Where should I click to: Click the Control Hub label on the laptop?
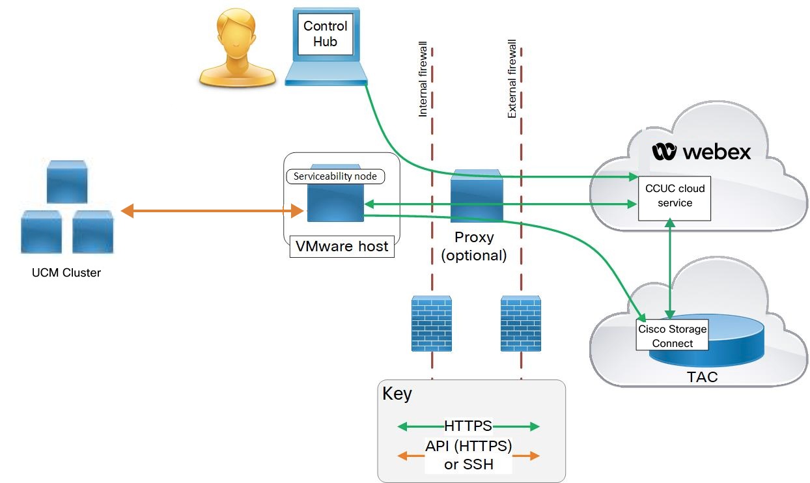326,34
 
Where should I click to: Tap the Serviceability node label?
335,176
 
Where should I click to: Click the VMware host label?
342,247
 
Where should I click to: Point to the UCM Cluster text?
66,273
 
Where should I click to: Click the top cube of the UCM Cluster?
66,182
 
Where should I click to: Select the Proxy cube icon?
477,195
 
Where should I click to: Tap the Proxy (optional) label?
474,246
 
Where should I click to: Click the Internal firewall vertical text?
423,81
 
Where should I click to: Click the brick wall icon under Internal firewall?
432,323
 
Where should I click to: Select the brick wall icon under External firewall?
521,323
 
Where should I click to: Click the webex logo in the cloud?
701,152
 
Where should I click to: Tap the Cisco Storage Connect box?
672,336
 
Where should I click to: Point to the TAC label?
702,377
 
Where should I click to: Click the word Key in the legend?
397,394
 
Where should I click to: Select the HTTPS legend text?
468,426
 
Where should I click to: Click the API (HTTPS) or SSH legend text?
468,455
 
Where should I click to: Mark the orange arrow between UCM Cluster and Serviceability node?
212,211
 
